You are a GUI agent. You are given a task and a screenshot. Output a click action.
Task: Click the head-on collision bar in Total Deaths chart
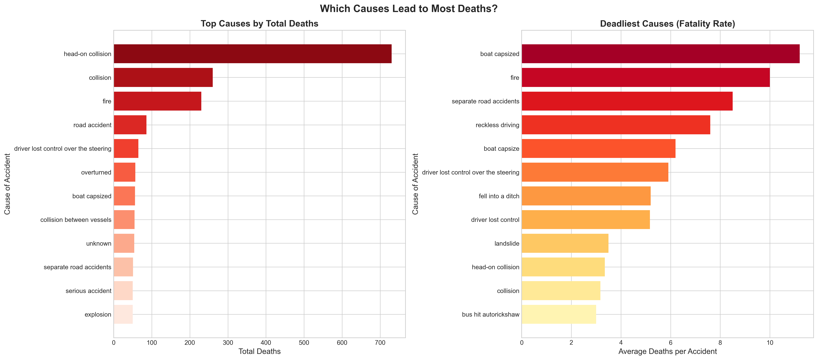point(253,54)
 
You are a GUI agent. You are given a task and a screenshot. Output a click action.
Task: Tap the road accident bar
point(130,125)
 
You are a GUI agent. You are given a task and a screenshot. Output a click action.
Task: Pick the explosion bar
point(123,314)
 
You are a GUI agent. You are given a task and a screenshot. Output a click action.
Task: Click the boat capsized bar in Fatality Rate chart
point(660,54)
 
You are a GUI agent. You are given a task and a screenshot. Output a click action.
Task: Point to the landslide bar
point(565,243)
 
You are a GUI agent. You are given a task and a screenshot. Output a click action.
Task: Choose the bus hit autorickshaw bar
point(558,314)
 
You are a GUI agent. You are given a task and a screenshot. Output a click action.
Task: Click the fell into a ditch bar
point(586,196)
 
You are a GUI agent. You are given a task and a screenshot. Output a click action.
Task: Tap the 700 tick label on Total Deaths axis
point(380,343)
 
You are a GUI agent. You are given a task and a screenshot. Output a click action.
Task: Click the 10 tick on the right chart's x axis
point(770,343)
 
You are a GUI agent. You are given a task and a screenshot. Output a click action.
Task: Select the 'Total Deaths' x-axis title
point(260,351)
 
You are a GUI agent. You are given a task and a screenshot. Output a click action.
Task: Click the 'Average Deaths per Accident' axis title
point(667,351)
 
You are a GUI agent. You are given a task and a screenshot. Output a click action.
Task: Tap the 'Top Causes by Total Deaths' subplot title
point(260,24)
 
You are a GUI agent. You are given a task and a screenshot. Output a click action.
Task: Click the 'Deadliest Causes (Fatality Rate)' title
point(667,24)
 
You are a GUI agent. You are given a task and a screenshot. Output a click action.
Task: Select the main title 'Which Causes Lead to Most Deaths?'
point(409,9)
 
